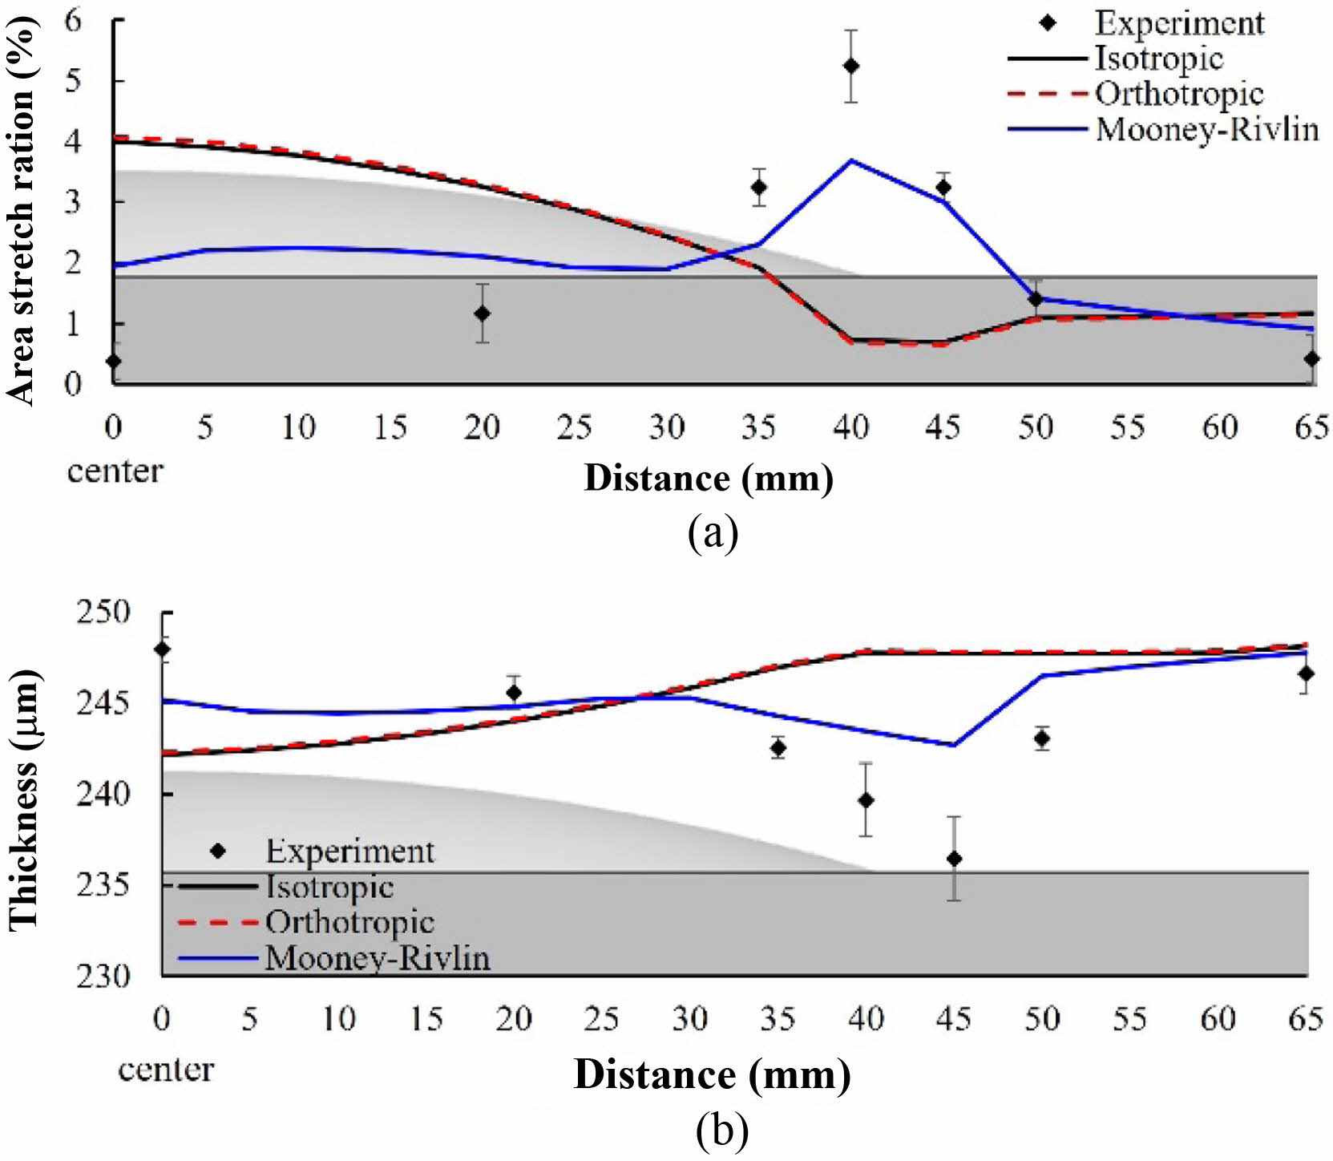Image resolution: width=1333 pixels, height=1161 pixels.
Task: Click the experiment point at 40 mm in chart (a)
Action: [x=850, y=66]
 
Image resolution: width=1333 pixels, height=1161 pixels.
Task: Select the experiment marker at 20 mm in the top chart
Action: [x=482, y=314]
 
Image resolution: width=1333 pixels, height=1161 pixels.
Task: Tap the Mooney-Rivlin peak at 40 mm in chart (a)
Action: [x=850, y=161]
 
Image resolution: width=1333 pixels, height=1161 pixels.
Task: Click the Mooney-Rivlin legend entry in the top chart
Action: [x=1206, y=129]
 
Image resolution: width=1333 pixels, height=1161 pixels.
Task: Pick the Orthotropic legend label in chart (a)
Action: [x=1179, y=94]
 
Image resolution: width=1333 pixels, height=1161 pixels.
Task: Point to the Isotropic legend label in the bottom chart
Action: [x=329, y=887]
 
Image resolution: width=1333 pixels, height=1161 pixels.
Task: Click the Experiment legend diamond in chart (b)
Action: [x=217, y=851]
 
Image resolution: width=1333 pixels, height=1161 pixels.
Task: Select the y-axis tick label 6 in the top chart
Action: [x=73, y=20]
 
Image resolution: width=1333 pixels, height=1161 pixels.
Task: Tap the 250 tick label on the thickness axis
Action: [x=103, y=613]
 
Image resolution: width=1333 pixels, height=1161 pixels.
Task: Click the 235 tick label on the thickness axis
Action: [x=103, y=885]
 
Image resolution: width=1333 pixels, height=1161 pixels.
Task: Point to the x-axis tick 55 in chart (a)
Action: [x=1127, y=427]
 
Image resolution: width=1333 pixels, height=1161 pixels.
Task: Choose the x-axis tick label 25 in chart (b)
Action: [x=601, y=1019]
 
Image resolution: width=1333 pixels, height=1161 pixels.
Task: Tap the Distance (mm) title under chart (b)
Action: [x=712, y=1074]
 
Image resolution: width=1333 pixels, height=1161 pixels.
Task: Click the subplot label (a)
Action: [x=713, y=532]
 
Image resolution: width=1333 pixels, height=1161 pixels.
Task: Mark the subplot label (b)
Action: [x=722, y=1131]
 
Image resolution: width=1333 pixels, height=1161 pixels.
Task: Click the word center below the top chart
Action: [x=115, y=471]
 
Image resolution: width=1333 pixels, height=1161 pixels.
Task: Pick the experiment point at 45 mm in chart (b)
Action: [x=954, y=859]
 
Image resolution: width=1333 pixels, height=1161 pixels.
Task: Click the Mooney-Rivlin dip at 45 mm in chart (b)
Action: [x=954, y=745]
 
